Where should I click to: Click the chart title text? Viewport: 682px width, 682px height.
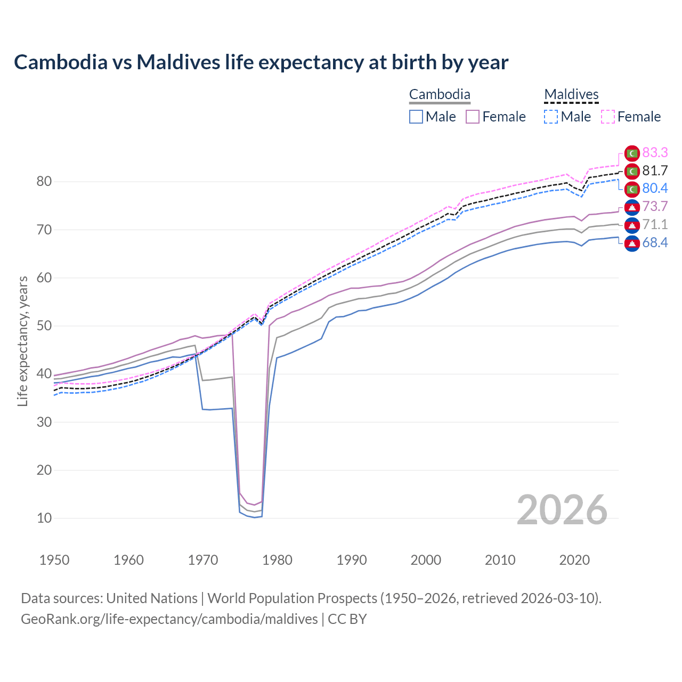tap(261, 62)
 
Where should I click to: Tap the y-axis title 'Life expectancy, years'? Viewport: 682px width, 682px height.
tap(22, 341)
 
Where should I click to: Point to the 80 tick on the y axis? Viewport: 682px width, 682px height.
tap(44, 182)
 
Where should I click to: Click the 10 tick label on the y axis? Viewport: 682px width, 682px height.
tap(44, 518)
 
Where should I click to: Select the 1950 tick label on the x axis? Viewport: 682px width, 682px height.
tap(54, 560)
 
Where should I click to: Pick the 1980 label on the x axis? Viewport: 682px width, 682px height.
tap(277, 560)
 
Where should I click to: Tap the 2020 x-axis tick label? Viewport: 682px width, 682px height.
tap(574, 560)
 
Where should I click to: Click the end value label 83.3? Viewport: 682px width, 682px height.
tap(655, 153)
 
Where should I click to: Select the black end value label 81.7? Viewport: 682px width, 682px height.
tap(655, 170)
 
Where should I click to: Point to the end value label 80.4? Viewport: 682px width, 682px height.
tap(655, 189)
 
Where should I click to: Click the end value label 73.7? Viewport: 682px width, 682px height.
tap(655, 207)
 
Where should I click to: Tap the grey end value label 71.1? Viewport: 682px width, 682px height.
tap(655, 225)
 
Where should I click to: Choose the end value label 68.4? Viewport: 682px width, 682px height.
tap(655, 243)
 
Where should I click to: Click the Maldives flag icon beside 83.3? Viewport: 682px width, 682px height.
tap(632, 153)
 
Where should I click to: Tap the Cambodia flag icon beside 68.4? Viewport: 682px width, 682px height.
tap(632, 243)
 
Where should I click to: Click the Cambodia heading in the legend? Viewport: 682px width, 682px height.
tap(440, 95)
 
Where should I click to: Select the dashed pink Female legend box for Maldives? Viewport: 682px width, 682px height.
tap(608, 117)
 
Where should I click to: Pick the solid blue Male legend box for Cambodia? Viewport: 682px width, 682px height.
tap(416, 117)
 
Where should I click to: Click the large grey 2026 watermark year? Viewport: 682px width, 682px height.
tap(562, 510)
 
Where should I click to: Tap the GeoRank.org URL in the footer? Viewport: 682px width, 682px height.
tap(169, 619)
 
